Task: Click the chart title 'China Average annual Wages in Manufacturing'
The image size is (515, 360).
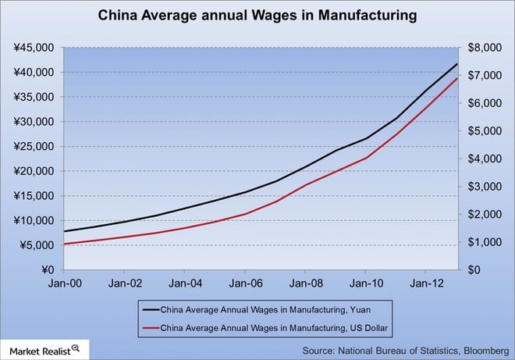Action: (257, 15)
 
